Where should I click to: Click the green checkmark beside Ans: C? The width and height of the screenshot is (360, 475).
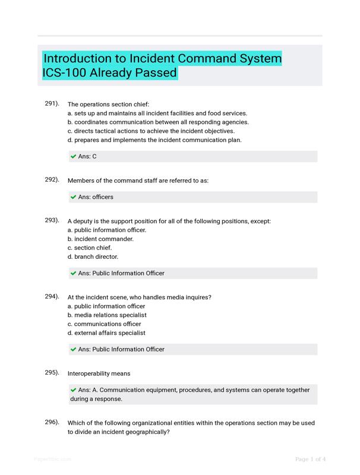coord(73,157)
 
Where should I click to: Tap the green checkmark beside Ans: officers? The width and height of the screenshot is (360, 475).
coord(73,197)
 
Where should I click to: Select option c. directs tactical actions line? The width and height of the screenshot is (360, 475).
coord(151,131)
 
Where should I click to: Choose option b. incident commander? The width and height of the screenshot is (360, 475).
coord(100,239)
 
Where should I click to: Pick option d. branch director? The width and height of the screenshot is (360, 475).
coord(93,256)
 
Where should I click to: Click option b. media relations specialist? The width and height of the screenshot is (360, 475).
coord(107,315)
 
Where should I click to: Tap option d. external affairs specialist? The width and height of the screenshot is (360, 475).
coord(106,333)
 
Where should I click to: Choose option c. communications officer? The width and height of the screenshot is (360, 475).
coord(105,324)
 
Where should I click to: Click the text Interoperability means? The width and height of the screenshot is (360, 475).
coord(99,373)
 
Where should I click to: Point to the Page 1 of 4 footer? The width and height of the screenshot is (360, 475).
coord(311,459)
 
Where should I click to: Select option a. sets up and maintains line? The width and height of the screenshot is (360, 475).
coord(157,113)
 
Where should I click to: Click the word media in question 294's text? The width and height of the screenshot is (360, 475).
coord(171,297)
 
